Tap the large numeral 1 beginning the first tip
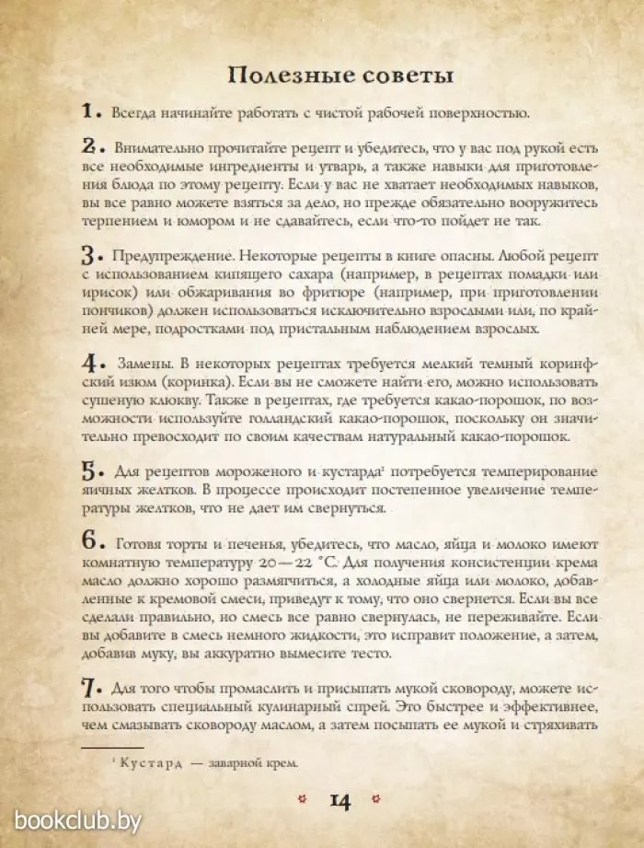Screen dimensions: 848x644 pos(88,112)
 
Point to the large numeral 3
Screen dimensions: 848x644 pos(89,254)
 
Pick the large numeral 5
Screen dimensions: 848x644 pos(89,468)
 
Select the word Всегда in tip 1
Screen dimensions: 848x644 pos(135,113)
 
